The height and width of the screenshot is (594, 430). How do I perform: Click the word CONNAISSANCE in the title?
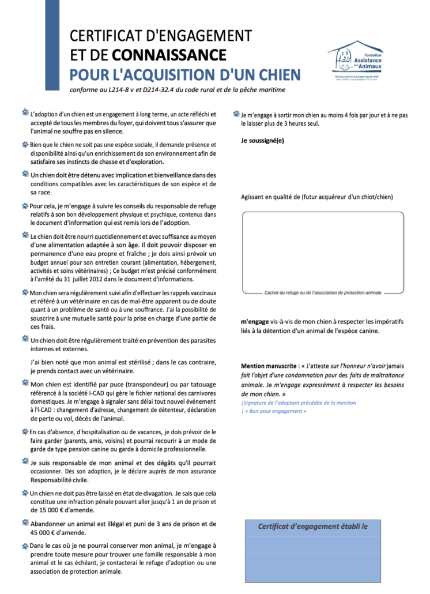[x=169, y=55]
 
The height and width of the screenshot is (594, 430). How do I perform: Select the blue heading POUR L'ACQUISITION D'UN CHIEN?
[x=185, y=75]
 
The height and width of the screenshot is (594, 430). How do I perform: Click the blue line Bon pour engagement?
[x=276, y=411]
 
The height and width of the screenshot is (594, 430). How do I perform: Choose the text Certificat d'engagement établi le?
[x=312, y=526]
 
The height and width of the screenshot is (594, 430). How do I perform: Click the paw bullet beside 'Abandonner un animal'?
[x=25, y=523]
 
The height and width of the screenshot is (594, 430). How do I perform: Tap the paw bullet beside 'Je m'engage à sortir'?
[x=236, y=114]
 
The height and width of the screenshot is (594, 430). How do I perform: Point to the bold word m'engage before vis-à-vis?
[x=255, y=321]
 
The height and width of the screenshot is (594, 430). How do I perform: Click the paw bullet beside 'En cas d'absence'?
[x=25, y=431]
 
